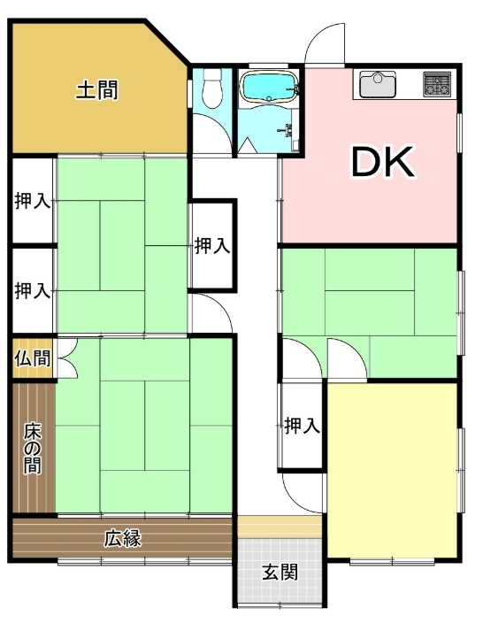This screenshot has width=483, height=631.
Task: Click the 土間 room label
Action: coord(96,89)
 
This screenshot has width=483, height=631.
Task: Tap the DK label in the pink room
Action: coord(383,161)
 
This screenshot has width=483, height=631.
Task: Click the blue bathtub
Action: coord(271,88)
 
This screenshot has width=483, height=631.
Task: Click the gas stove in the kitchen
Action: coord(438,84)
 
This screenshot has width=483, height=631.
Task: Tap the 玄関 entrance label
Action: coord(279,572)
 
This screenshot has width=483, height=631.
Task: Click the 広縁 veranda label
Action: coord(123,537)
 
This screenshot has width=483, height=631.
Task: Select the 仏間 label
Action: coord(32,359)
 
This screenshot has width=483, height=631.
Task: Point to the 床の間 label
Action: coord(33,448)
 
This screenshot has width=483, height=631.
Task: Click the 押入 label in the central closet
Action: coord(212,246)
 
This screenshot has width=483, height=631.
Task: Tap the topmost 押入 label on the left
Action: coord(33,201)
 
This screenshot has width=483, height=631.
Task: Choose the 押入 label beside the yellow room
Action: coord(302,426)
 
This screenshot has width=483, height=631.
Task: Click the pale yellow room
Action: coord(392,469)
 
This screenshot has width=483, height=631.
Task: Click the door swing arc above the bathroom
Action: coord(324,44)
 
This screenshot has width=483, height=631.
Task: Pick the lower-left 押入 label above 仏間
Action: coord(33,289)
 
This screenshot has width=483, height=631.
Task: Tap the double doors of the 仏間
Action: coord(65,359)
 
